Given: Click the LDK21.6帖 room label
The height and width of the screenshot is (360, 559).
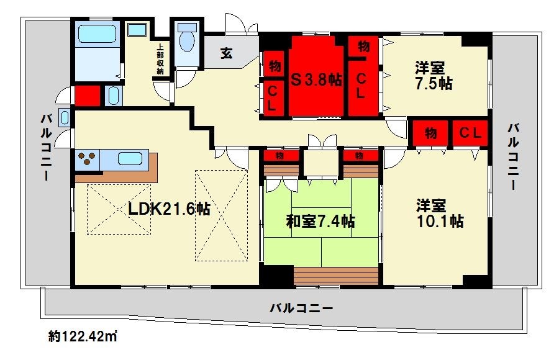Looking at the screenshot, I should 169,209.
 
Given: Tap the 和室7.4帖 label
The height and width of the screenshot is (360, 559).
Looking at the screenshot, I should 320,220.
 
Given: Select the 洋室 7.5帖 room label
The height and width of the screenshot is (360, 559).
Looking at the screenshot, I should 434,75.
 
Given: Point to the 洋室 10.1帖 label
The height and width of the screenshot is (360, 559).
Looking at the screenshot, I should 439,213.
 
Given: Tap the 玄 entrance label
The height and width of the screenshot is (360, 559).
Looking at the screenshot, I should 226,54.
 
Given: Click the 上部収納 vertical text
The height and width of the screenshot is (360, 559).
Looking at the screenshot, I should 160,58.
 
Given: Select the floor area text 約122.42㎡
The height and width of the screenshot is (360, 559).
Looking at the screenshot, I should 83,337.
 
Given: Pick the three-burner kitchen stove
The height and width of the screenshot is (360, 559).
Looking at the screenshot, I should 87,160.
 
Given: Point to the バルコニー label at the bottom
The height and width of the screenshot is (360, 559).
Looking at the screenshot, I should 301,308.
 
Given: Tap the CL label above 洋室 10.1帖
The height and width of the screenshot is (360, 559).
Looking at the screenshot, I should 470,133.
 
